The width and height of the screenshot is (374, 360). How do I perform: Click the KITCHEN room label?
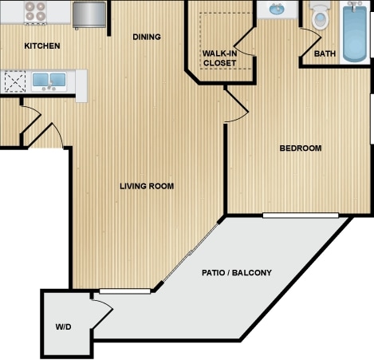[42, 45]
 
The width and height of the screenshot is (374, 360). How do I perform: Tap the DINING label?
[147, 37]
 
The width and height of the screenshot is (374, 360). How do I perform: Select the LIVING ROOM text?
[147, 186]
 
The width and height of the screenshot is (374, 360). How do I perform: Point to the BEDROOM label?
[301, 148]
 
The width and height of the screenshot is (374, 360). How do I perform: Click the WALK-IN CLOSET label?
[219, 58]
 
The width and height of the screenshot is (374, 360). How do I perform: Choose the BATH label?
[325, 53]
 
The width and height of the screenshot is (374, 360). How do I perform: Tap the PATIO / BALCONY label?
[237, 273]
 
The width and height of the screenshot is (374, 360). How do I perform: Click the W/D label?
[64, 326]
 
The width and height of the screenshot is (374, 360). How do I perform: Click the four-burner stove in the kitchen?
[35, 12]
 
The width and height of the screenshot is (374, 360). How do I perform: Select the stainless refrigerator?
[89, 14]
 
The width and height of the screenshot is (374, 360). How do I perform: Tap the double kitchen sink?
[49, 81]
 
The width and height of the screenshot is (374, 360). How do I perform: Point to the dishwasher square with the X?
[15, 81]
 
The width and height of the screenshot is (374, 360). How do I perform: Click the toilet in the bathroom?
[321, 15]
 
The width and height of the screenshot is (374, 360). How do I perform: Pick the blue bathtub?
[355, 32]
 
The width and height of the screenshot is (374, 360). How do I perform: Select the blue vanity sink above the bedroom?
[277, 10]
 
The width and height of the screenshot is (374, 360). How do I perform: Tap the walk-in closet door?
[244, 42]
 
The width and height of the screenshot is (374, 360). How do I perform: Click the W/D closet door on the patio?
[103, 314]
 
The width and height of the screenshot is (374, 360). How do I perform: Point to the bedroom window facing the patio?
[301, 216]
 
